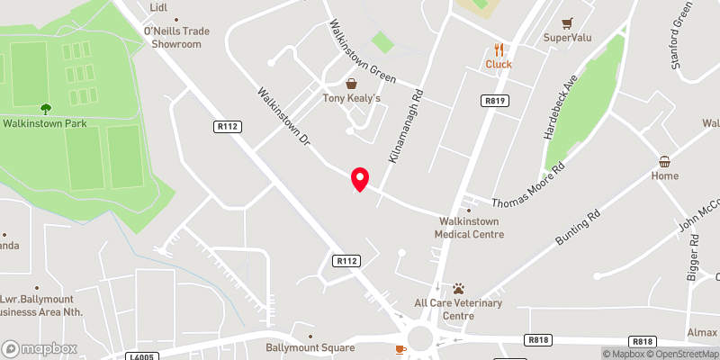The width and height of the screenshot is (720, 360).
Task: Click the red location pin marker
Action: pyautogui.click(x=360, y=179)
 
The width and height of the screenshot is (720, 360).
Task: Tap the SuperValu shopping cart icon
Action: pyautogui.click(x=567, y=23)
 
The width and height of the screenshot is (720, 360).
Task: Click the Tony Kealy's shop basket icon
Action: pyautogui.click(x=351, y=84)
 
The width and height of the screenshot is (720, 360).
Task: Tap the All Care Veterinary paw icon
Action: pyautogui.click(x=458, y=289)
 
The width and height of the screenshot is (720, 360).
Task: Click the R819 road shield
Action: pyautogui.click(x=493, y=101)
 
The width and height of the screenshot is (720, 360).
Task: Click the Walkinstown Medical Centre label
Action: pyautogui.click(x=469, y=227)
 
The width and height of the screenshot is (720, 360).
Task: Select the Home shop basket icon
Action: pyautogui.click(x=665, y=162)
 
